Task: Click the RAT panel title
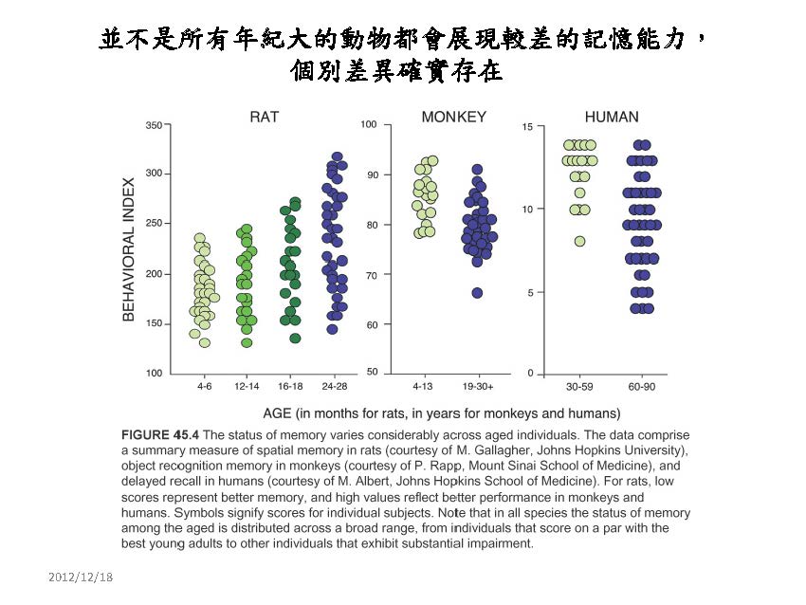coord(264,118)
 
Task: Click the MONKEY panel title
coord(453,118)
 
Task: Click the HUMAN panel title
coord(612,118)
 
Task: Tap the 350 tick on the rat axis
coord(153,124)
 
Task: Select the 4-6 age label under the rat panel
coord(205,388)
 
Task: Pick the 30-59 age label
coord(579,388)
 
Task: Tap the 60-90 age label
coord(642,388)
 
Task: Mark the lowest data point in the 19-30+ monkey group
coord(478,293)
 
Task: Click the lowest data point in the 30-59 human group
coord(579,241)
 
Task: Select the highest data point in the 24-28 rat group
coord(337,156)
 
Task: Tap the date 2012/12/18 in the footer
coord(81,577)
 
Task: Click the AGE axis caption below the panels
coord(441,413)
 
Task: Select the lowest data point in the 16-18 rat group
coord(295,338)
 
